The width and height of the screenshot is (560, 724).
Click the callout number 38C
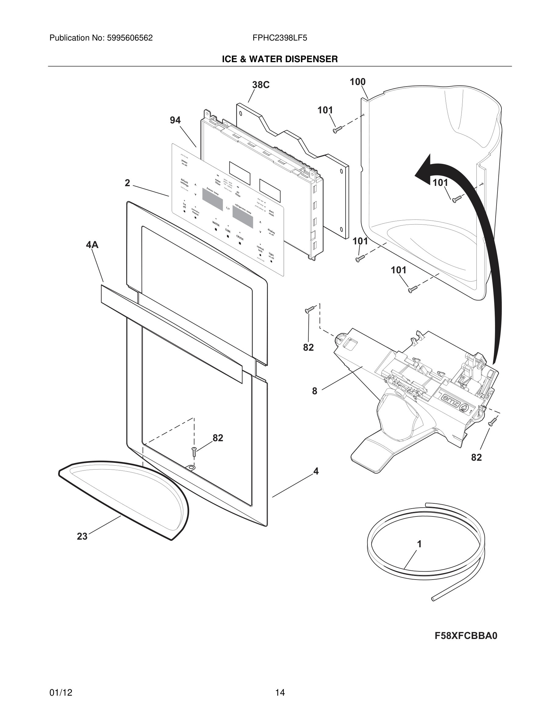tap(261, 85)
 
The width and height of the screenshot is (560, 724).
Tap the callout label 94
tap(175, 120)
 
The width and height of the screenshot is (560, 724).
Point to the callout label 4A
tap(92, 245)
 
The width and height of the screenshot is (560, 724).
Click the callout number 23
tap(82, 536)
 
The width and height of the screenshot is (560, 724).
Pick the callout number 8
tap(314, 391)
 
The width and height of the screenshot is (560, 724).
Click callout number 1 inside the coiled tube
tap(419, 544)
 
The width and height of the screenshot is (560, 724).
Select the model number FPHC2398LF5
tap(280, 38)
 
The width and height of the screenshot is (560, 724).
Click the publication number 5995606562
tap(130, 38)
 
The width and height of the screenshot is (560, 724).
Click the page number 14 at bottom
tap(280, 693)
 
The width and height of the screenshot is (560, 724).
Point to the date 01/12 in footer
tap(61, 693)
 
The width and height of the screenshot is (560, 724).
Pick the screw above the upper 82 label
tap(309, 310)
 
